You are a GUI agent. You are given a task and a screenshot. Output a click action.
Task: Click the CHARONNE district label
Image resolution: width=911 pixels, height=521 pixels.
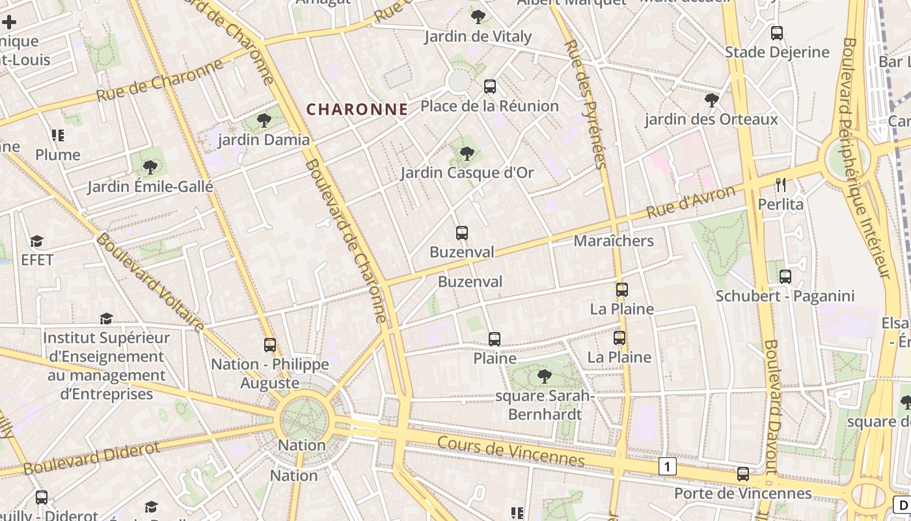(357, 109)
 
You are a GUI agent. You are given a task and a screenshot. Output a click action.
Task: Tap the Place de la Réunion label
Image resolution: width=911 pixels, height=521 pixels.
(489, 106)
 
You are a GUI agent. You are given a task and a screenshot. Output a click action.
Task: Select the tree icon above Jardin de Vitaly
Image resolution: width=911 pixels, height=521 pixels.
(478, 16)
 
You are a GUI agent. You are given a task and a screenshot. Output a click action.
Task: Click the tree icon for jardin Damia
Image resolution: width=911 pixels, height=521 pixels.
(264, 120)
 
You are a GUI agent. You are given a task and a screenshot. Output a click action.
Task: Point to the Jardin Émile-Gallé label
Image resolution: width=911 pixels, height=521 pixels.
(150, 187)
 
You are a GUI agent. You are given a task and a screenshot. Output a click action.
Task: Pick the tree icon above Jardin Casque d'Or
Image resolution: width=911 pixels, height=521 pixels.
(467, 154)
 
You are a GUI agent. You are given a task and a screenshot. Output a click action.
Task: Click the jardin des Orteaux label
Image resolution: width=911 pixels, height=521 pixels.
(711, 119)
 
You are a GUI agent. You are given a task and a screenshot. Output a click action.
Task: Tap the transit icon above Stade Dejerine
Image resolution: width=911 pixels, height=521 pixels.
(776, 33)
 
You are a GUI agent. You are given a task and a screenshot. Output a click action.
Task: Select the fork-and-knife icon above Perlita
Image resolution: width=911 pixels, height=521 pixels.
(781, 185)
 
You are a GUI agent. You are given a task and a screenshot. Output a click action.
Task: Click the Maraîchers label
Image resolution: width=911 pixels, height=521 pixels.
(613, 241)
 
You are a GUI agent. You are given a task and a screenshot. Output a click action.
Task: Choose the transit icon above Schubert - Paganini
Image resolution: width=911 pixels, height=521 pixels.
(785, 277)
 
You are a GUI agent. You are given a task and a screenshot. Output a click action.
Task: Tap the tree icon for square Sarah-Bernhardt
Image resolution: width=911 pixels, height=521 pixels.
(544, 376)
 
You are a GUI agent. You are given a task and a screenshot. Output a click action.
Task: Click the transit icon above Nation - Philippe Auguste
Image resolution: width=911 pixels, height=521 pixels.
(270, 345)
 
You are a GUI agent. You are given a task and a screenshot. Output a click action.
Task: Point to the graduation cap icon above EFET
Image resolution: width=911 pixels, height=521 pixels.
(37, 241)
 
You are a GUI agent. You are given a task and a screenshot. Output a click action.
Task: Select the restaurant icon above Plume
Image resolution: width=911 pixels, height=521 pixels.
(58, 135)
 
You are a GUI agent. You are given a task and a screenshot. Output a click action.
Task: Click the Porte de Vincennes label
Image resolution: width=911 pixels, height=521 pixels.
(742, 493)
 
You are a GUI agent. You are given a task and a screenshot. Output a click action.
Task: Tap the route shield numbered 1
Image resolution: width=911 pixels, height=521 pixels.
(667, 466)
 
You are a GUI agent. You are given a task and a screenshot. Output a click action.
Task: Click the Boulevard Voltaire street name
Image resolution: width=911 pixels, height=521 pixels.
(150, 281)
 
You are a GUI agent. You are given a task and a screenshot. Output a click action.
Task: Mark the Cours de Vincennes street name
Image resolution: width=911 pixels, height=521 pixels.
(511, 451)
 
